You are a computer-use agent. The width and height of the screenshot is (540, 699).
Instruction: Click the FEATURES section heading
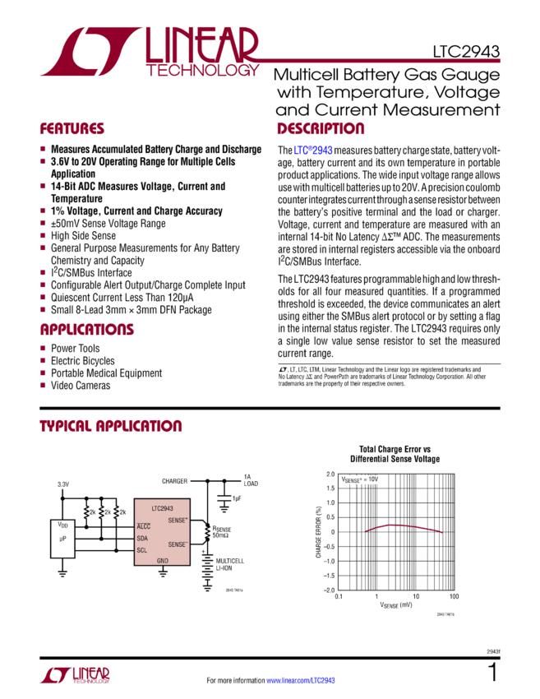pos(72,129)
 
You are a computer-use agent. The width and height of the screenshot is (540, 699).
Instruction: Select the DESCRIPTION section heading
pos(320,129)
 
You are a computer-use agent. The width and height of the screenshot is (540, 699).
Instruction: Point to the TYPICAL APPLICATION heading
pos(111,426)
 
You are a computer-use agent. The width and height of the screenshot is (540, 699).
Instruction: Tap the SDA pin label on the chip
pos(142,538)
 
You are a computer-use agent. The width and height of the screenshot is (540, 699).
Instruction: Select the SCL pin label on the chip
pos(142,549)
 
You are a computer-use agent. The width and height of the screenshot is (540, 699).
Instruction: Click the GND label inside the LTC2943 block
pos(163,561)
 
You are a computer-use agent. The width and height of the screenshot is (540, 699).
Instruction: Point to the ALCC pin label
pos(144,526)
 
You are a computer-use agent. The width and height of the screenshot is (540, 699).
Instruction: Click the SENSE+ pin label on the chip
pos(178,520)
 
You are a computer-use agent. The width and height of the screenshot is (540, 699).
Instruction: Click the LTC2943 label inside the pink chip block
pos(161,510)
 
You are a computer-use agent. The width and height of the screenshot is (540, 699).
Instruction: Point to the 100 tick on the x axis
pos(454,596)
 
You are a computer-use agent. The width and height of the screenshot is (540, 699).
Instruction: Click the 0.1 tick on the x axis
pos(338,596)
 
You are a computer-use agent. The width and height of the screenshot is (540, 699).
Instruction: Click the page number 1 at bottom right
pos(493,674)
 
